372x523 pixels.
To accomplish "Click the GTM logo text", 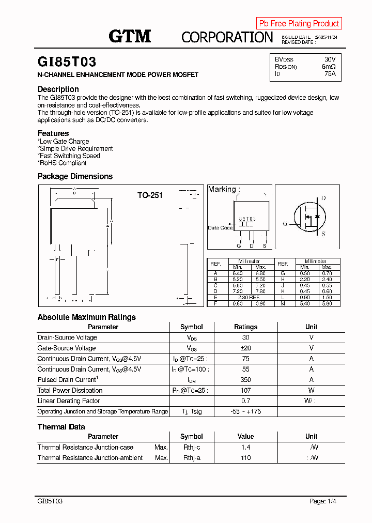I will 130,36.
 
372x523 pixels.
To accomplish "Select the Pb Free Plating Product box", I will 299,23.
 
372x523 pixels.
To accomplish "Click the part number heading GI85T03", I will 67,62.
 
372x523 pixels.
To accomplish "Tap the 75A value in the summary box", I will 330,74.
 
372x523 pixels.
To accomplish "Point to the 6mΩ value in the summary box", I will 329,67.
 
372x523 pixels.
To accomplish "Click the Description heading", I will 58,89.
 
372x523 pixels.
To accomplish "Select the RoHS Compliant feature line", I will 62,163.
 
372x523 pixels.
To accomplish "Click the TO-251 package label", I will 150,195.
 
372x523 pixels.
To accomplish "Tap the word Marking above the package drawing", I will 222,189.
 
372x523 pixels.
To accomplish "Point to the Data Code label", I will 220,228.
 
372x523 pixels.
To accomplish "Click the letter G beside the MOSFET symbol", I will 285,224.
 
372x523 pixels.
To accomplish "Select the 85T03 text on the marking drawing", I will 247,219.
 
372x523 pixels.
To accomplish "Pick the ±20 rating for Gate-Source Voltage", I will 245,348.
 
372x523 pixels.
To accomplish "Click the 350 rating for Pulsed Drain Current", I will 245,380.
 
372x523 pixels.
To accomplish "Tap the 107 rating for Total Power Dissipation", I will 245,391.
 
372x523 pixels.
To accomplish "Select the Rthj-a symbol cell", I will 191,458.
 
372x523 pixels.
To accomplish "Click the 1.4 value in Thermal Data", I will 245,448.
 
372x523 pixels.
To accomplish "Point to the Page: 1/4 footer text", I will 326,501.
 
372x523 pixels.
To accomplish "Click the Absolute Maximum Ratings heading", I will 87,317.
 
